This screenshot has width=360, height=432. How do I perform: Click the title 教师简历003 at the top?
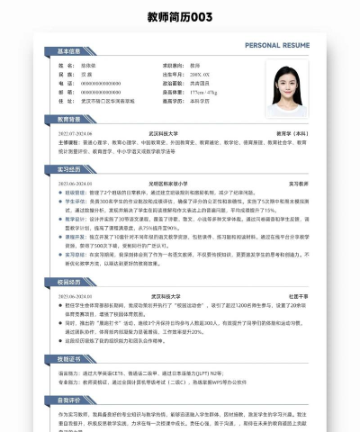[x=180, y=17]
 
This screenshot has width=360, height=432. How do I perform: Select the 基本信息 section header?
[x=70, y=51]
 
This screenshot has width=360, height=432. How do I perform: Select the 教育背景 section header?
[x=70, y=120]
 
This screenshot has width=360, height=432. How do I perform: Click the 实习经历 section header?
[x=70, y=168]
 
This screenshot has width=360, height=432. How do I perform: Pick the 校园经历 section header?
[x=70, y=282]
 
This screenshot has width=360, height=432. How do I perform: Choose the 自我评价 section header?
[x=70, y=399]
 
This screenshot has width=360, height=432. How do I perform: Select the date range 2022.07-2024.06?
[x=76, y=132]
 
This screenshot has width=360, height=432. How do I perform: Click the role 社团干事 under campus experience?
[x=298, y=295]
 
